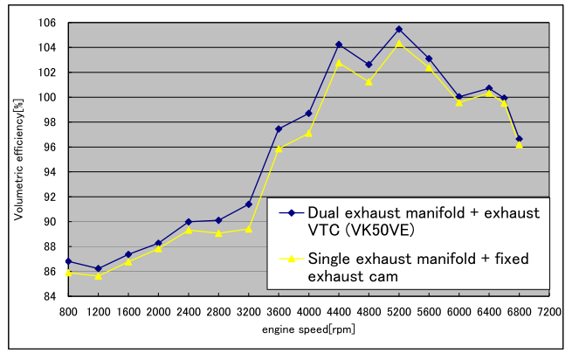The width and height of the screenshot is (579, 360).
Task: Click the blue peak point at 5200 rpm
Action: point(398,30)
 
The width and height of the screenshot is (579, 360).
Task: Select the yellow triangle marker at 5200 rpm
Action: point(398,43)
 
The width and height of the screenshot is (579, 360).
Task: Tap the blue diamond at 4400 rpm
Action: point(338,45)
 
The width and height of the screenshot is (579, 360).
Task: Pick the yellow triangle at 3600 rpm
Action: point(279,148)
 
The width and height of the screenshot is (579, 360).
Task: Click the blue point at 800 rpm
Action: point(68,261)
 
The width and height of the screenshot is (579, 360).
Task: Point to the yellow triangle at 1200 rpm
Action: point(98,275)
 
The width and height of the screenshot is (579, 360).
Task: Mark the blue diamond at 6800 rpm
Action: point(519,139)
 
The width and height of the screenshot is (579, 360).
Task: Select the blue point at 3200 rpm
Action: point(248,204)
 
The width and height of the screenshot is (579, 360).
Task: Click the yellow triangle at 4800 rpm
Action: point(369,81)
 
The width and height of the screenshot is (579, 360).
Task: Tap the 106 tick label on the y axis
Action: point(51,23)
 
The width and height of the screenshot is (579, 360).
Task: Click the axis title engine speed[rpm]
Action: point(308,331)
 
